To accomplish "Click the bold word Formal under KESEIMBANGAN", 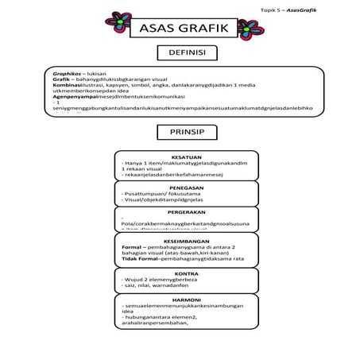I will click(x=131, y=246).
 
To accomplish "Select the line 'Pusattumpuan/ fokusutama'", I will click(x=159, y=194).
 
